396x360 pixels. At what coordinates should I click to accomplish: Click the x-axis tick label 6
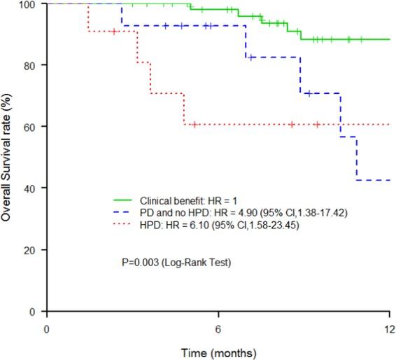click(218, 329)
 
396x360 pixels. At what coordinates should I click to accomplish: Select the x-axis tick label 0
click(47, 329)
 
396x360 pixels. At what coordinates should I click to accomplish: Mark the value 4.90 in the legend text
click(248, 210)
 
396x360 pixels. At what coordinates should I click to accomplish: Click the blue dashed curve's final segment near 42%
click(374, 180)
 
